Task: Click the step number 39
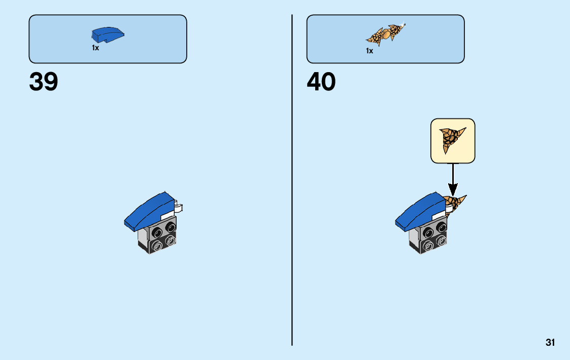[x=44, y=82]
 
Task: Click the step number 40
[x=321, y=82]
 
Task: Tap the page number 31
[x=550, y=342]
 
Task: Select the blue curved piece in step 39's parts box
[x=108, y=35]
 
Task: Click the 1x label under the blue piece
[x=95, y=48]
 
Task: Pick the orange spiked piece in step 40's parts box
[x=385, y=35]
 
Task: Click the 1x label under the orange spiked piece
[x=370, y=51]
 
